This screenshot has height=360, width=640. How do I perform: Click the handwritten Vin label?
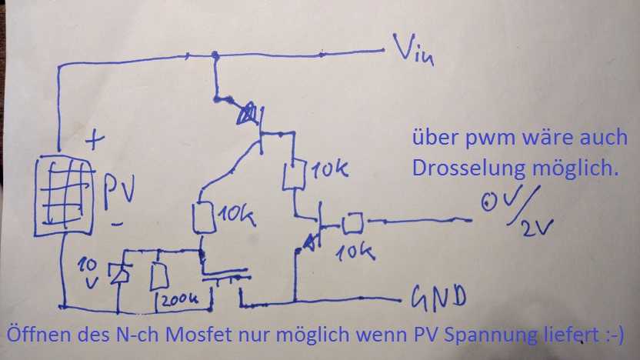tap(414, 52)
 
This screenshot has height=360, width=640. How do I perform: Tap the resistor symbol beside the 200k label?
tap(161, 275)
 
